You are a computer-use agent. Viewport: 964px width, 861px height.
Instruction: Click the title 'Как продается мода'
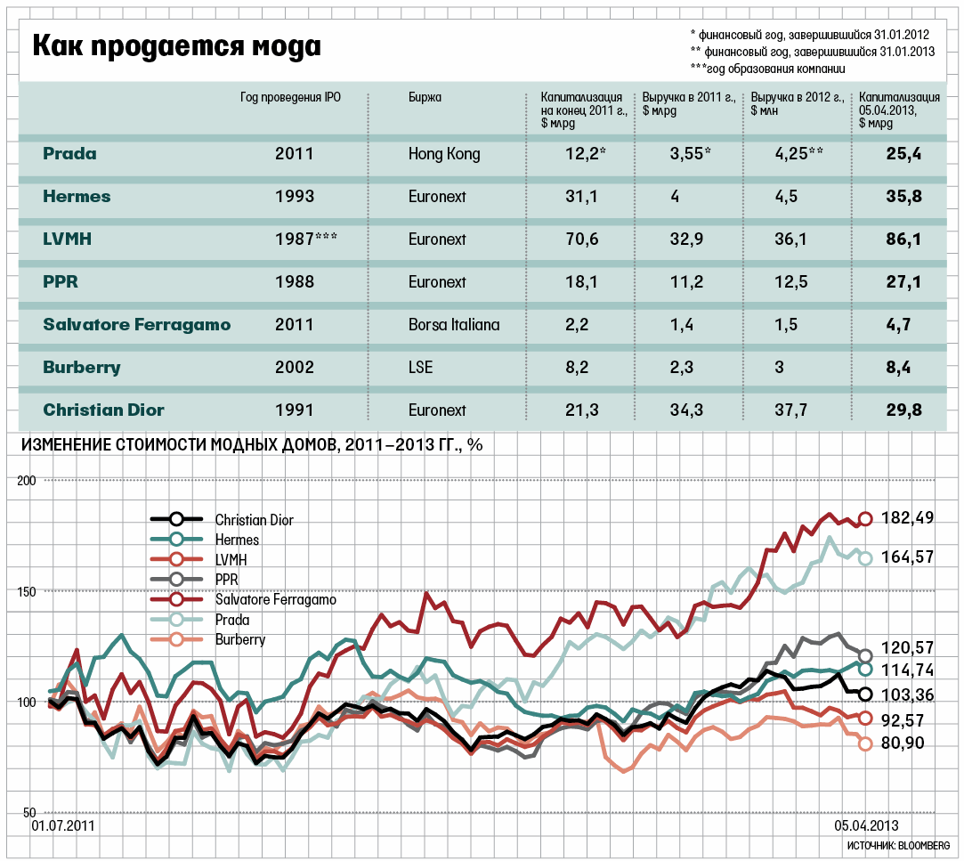(177, 45)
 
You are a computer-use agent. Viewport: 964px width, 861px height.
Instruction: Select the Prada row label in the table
(69, 154)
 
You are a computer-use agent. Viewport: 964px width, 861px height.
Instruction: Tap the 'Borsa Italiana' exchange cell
(454, 325)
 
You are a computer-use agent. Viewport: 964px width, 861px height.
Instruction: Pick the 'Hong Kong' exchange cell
(444, 154)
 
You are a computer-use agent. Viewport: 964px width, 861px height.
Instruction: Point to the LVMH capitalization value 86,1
(903, 239)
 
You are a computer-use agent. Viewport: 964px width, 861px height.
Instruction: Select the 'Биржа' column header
(425, 98)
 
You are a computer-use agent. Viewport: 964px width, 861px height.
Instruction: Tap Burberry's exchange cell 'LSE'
(420, 368)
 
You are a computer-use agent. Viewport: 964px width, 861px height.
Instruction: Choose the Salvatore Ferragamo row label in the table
(137, 325)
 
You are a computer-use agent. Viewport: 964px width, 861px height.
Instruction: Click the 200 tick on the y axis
(27, 481)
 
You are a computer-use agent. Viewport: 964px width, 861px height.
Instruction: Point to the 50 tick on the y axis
(27, 813)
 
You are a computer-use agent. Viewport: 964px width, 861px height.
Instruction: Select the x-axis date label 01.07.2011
(63, 826)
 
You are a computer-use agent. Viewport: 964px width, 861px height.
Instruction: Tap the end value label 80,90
(902, 743)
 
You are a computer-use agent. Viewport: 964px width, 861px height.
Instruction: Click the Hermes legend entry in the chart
(237, 540)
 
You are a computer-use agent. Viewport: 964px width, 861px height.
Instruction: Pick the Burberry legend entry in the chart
(239, 639)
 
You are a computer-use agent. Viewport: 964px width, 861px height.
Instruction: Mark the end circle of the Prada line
(864, 558)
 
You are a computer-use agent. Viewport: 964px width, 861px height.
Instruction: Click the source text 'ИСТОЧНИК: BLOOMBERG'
(899, 844)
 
